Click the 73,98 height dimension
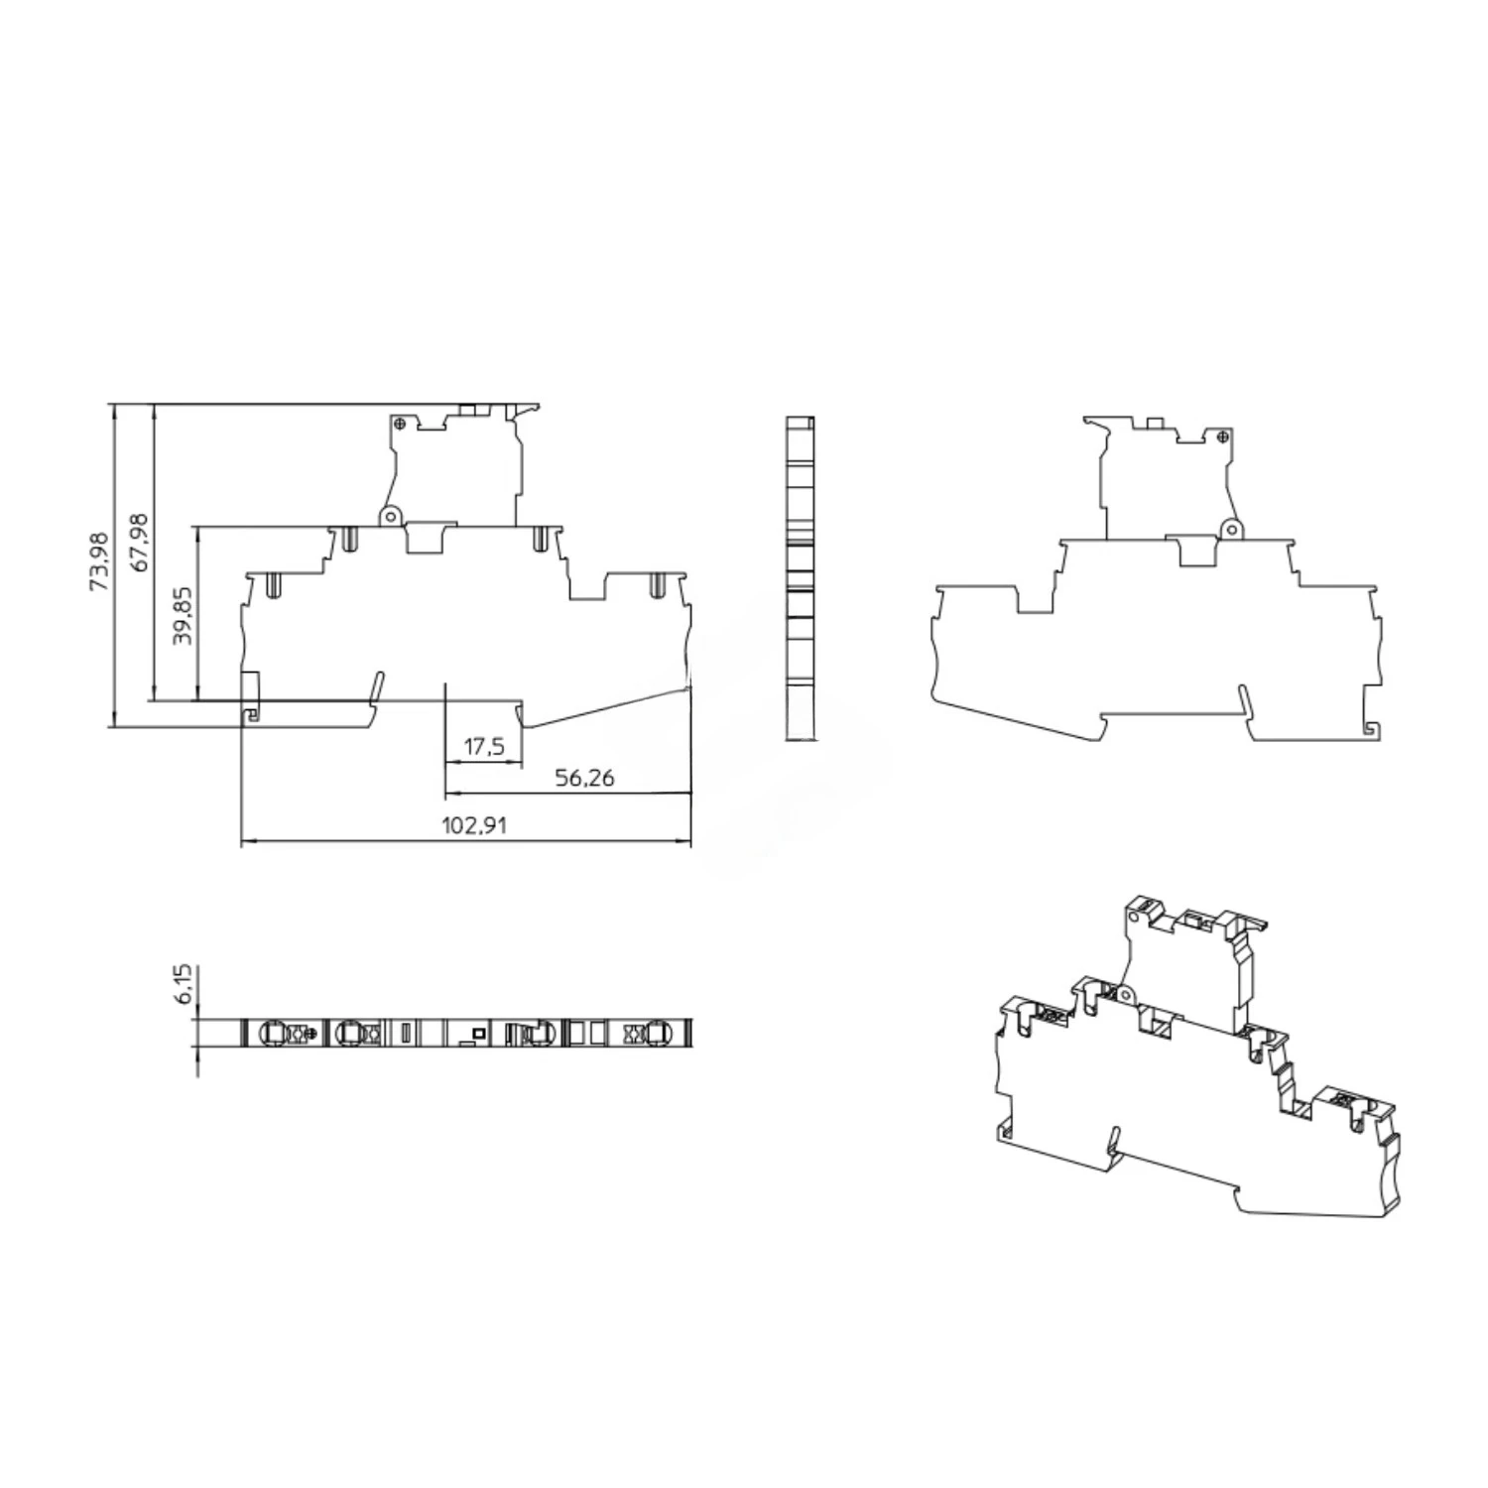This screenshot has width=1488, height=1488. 99,561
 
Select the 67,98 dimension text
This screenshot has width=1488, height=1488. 140,542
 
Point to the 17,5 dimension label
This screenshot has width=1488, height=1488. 483,746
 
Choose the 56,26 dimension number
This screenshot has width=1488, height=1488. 584,778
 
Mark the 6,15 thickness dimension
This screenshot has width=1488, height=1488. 184,983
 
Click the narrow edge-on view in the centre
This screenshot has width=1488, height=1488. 800,578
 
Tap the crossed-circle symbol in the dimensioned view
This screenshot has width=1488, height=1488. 399,424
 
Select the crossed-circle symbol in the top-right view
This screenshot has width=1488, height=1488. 1223,435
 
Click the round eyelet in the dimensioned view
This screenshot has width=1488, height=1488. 390,516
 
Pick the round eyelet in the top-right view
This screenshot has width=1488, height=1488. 1231,530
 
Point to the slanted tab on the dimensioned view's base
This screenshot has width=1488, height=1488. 375,687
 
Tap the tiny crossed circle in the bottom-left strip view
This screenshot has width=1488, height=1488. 313,1035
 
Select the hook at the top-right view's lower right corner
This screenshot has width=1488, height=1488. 1370,729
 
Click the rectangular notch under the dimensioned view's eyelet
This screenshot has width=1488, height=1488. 430,538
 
